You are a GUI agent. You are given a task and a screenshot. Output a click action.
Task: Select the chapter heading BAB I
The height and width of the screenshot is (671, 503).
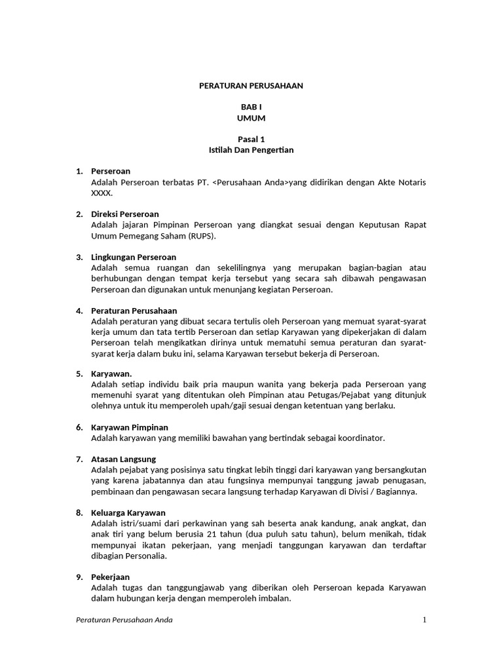pyautogui.click(x=251, y=107)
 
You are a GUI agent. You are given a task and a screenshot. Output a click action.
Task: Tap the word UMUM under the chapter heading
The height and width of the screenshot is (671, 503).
pyautogui.click(x=251, y=118)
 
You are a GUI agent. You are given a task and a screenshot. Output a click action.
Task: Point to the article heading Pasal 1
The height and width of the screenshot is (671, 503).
pyautogui.click(x=251, y=139)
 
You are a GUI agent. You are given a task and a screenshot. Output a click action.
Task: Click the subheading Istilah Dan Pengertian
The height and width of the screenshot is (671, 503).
pyautogui.click(x=251, y=150)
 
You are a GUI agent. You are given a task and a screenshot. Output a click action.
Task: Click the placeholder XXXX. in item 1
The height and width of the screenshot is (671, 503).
pyautogui.click(x=102, y=193)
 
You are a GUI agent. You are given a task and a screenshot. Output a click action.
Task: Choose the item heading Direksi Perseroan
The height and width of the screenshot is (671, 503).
pyautogui.click(x=124, y=214)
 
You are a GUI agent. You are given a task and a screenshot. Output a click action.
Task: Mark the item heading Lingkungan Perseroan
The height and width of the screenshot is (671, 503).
pyautogui.click(x=134, y=257)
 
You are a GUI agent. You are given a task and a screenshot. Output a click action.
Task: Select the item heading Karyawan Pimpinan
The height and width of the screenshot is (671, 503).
pyautogui.click(x=130, y=427)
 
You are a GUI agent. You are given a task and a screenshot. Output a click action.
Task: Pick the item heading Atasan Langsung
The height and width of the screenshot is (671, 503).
pyautogui.click(x=124, y=459)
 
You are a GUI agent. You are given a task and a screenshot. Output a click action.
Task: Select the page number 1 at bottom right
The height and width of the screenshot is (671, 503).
pyautogui.click(x=424, y=620)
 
